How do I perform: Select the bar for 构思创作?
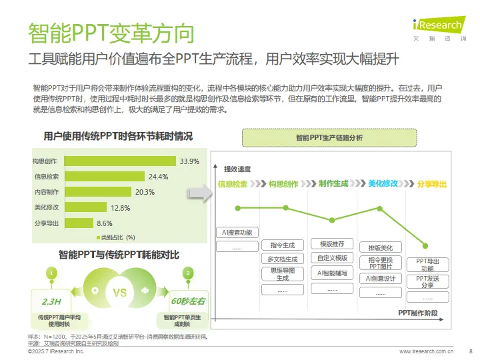tap(119, 161)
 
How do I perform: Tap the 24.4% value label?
tap(158, 177)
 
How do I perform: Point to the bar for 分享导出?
tap(79, 223)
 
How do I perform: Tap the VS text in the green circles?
tap(120, 293)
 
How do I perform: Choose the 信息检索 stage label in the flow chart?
tap(232, 183)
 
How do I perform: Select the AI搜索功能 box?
tap(237, 233)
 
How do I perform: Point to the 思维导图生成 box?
tap(282, 274)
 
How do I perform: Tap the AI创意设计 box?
tap(381, 278)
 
